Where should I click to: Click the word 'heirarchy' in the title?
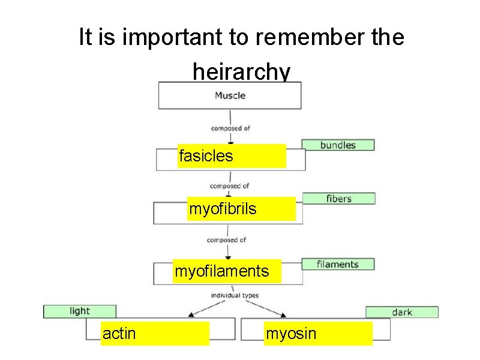(x=241, y=72)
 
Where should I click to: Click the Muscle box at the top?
(x=230, y=95)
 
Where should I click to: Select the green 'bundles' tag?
(x=338, y=145)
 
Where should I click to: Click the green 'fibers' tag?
(x=339, y=198)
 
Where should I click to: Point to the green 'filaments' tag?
(x=338, y=264)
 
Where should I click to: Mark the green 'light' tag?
(x=79, y=311)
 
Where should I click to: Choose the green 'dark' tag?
(x=402, y=312)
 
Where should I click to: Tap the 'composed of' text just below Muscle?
(x=230, y=128)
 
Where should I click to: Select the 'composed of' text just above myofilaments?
(x=226, y=240)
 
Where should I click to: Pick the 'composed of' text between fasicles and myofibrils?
(x=229, y=186)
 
